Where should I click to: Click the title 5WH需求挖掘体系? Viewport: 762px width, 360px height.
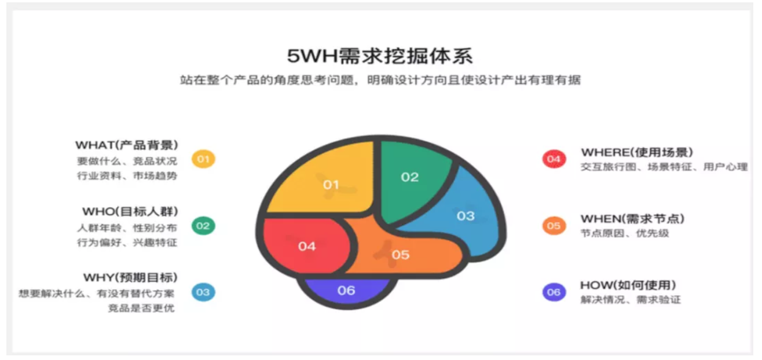(x=380, y=56)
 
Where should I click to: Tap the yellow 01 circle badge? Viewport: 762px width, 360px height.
(x=203, y=159)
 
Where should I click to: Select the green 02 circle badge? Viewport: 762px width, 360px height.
(x=203, y=226)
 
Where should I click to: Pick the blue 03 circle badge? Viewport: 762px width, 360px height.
(x=203, y=292)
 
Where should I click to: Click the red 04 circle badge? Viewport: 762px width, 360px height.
(x=554, y=159)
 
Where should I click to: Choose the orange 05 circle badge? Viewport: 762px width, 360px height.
(x=554, y=226)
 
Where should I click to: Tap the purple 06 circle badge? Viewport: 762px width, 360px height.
(x=554, y=292)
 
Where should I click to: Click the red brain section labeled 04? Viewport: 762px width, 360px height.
(x=306, y=245)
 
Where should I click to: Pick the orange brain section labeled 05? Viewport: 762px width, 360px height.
(x=401, y=254)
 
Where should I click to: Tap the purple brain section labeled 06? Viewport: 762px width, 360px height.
(x=346, y=291)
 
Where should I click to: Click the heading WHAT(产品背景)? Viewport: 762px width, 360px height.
(x=127, y=145)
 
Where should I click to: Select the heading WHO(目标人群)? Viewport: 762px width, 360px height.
(x=130, y=211)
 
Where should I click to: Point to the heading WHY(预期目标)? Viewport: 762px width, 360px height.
(x=131, y=277)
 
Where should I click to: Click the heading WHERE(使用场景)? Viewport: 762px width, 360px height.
(x=637, y=152)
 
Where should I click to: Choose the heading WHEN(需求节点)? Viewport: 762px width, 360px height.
(x=632, y=219)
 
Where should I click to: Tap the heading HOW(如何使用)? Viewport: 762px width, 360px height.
(x=628, y=285)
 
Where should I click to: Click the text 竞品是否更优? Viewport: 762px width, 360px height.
(x=141, y=308)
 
